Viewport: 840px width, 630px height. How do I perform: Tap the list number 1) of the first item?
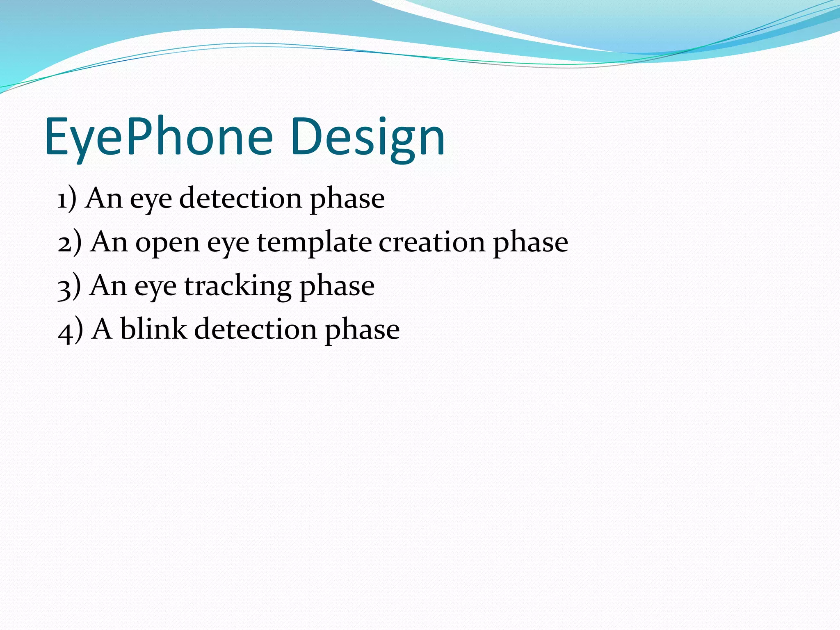tap(67, 199)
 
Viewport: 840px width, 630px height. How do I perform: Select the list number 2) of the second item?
tap(69, 243)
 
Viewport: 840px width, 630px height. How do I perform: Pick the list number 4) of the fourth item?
tap(70, 331)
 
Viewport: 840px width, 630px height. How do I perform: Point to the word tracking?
tap(237, 286)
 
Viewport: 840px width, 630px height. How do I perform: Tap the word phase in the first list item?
tap(347, 199)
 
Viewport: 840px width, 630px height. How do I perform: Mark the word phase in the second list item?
tap(530, 243)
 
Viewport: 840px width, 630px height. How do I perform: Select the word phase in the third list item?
tap(337, 287)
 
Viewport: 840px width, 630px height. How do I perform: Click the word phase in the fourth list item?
tap(362, 331)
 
